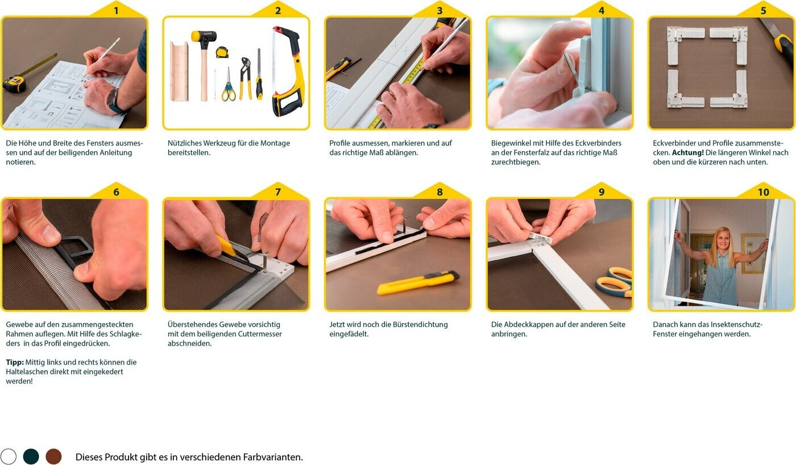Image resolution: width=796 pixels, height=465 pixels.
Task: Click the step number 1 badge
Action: click(x=116, y=11)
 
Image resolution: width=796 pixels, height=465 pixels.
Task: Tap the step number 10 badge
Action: click(x=763, y=192)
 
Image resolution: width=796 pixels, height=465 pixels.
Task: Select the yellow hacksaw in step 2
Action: click(x=288, y=71)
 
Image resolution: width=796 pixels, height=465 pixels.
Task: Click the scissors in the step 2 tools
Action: click(x=228, y=85)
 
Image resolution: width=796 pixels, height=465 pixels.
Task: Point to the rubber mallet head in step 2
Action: click(x=204, y=36)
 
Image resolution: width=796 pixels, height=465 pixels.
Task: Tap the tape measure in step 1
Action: click(x=14, y=84)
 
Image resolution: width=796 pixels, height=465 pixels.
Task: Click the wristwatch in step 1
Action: click(x=113, y=101)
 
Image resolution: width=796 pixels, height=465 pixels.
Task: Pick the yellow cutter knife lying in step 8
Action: click(x=418, y=282)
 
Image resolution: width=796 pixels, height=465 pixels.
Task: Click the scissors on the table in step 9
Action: click(x=615, y=282)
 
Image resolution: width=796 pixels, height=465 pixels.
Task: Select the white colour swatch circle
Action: click(x=9, y=456)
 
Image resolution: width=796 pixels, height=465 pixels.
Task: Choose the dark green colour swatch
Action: click(x=31, y=456)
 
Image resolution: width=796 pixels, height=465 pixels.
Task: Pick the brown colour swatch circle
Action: click(x=53, y=456)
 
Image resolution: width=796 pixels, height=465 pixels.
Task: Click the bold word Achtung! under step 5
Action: click(x=687, y=153)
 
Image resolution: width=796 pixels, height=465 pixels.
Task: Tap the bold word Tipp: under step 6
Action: click(x=15, y=362)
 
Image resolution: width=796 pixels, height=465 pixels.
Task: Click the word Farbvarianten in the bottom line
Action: click(x=273, y=457)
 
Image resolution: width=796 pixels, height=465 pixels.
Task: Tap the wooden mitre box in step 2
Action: click(x=179, y=71)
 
